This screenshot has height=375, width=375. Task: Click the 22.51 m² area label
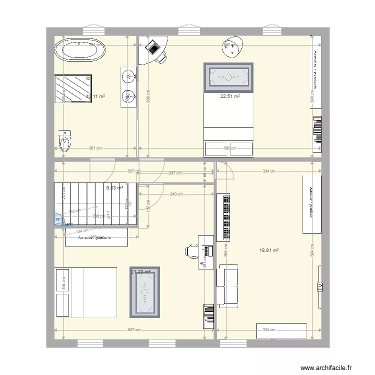pos(230,97)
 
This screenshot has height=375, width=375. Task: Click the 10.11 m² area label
pos(95,96)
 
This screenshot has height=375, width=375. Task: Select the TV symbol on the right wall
pos(318,286)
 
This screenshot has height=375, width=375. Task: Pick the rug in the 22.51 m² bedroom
pos(227,77)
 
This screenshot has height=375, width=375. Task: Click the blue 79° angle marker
pos(58,219)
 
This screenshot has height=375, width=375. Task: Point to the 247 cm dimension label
pos(175,173)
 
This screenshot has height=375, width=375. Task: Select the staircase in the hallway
pos(95,204)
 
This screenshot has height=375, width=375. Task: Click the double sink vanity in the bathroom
pos(127,87)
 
